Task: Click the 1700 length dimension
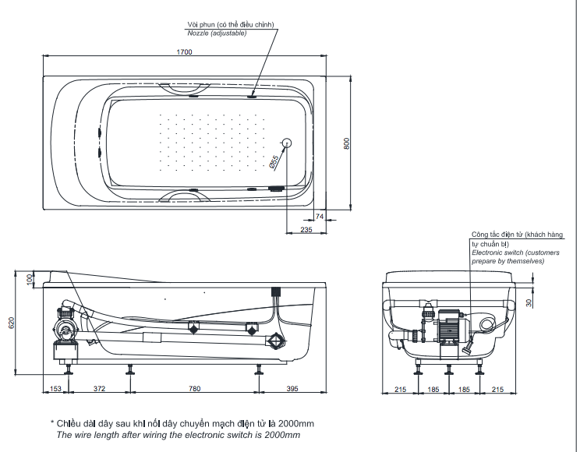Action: (184, 52)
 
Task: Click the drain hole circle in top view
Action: (285, 143)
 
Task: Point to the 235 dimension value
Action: (306, 230)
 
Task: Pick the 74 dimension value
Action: (320, 217)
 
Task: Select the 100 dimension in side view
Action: (30, 278)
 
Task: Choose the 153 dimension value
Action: (55, 388)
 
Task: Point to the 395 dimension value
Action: (292, 388)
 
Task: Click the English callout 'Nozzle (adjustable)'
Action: (217, 34)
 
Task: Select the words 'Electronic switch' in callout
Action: (497, 253)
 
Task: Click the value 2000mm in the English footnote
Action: (282, 435)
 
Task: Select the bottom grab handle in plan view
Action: (185, 196)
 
